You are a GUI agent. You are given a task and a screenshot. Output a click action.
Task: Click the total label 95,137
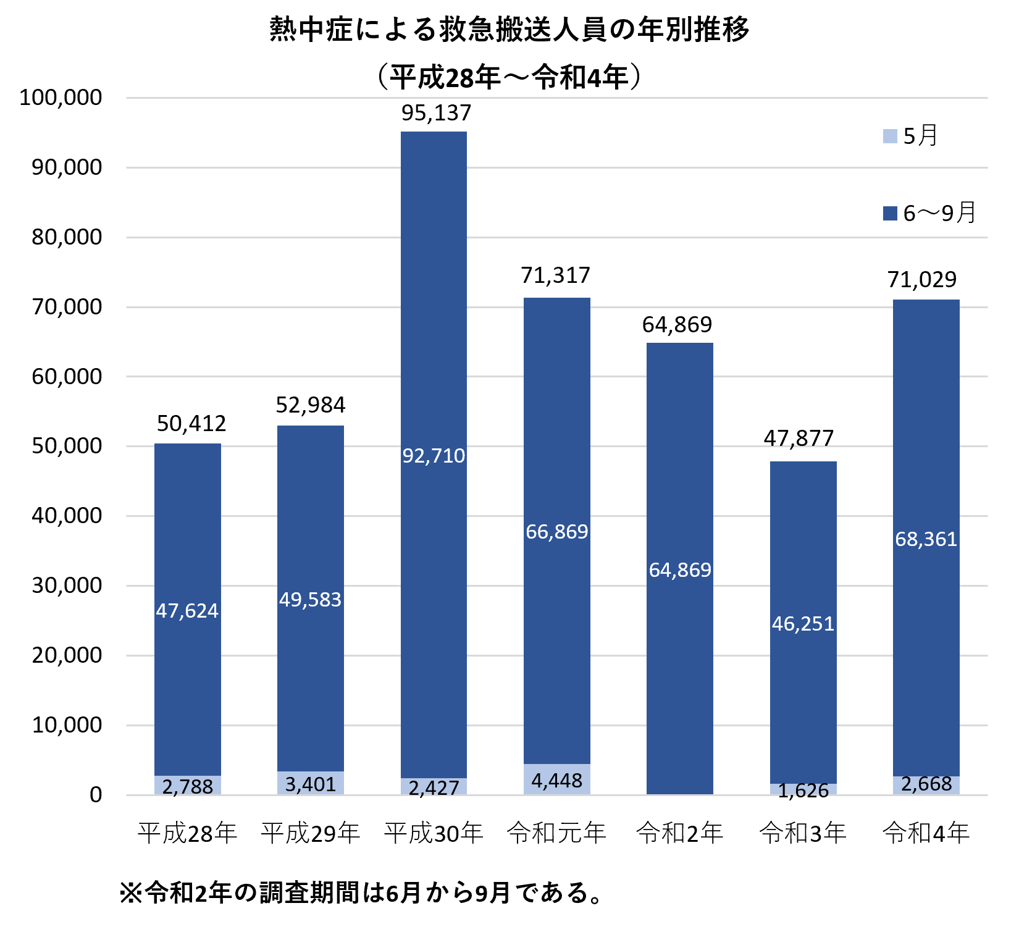point(436,113)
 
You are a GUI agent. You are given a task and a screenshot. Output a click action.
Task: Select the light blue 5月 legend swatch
point(890,136)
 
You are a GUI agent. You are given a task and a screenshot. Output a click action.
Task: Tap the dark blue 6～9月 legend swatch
point(890,214)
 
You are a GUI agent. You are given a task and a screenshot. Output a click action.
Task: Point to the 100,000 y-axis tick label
point(61,98)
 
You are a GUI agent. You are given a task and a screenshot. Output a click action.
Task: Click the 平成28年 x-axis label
point(187,833)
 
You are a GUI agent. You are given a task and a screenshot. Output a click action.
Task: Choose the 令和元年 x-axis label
point(556,833)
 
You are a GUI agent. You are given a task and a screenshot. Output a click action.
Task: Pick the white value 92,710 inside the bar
point(434,456)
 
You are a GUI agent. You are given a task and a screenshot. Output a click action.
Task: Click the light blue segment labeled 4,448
point(556,780)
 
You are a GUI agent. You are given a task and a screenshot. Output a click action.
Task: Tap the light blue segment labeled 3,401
point(310,784)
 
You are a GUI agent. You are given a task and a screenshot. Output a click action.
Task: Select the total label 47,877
point(799,439)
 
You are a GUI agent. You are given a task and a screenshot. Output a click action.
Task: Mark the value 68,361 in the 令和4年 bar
point(926,539)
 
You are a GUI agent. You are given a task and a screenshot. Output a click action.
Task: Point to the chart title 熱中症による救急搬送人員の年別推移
point(509,30)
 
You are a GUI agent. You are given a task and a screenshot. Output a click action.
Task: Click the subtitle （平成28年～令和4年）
point(509,77)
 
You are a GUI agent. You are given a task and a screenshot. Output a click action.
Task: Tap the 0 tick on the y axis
point(96,795)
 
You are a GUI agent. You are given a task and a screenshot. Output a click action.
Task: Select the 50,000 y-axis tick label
point(67,446)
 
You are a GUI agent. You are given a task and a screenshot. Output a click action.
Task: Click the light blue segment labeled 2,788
point(187,786)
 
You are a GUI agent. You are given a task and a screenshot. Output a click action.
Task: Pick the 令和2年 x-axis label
point(679,833)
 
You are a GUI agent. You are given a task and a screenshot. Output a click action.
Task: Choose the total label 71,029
point(921,280)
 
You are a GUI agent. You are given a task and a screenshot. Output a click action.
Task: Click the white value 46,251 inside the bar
point(803,624)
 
